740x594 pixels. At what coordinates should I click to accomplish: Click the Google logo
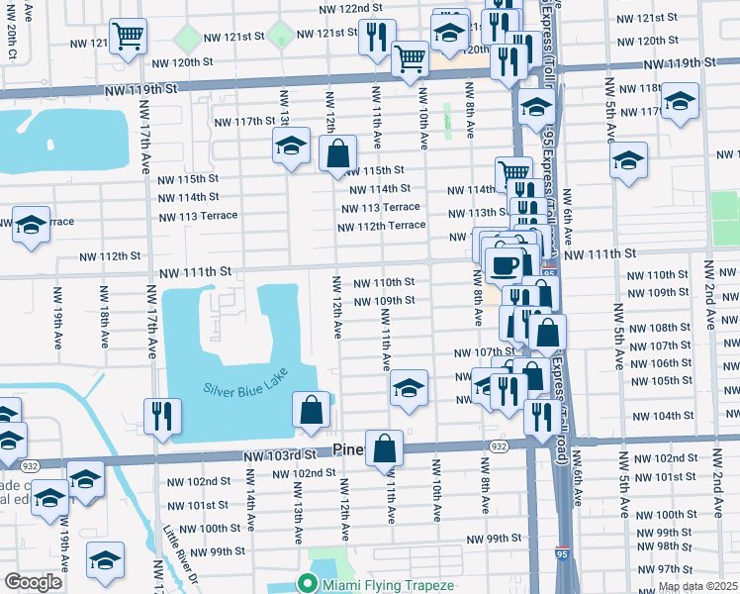click(x=33, y=582)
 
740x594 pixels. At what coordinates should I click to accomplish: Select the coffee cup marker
click(x=505, y=264)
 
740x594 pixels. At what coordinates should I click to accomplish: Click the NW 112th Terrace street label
click(x=381, y=226)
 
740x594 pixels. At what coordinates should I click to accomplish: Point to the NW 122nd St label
click(x=352, y=8)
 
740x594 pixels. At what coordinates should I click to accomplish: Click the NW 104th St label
click(x=659, y=416)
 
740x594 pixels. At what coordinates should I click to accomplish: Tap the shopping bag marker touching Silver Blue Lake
click(x=311, y=409)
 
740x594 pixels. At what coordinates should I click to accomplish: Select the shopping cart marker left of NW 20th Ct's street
click(x=128, y=37)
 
